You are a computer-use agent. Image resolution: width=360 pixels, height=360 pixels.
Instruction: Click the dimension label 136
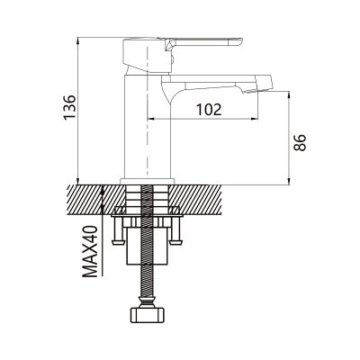[70, 107]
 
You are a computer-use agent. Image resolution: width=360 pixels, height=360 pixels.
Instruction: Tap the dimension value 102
[209, 110]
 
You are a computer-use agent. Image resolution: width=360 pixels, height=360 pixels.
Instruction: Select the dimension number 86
[300, 143]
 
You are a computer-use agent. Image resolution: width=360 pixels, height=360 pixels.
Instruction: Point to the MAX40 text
[90, 251]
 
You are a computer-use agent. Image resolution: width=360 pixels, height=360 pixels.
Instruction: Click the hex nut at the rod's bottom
[148, 315]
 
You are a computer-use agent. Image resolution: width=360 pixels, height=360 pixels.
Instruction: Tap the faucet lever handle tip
[240, 41]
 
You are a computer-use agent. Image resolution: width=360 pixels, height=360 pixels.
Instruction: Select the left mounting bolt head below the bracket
[118, 242]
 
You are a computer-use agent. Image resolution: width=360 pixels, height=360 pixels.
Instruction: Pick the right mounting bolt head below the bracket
[175, 242]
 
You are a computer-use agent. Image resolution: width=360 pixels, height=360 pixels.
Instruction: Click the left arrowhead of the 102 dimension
[150, 119]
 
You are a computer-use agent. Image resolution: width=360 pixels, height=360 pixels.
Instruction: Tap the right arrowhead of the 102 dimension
[255, 119]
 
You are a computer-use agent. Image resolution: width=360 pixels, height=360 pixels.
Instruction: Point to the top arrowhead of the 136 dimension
[77, 40]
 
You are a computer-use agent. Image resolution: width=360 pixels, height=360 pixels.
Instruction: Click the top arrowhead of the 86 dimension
[289, 94]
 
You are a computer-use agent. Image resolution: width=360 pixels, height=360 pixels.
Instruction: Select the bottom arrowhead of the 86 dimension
[289, 181]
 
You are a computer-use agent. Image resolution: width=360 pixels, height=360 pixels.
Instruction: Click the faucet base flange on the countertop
[148, 182]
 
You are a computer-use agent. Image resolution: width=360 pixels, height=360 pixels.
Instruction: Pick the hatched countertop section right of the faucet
[195, 200]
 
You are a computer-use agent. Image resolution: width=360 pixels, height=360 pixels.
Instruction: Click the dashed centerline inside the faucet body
[147, 111]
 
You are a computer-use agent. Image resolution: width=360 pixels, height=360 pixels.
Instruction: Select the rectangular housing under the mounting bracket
[147, 246]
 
